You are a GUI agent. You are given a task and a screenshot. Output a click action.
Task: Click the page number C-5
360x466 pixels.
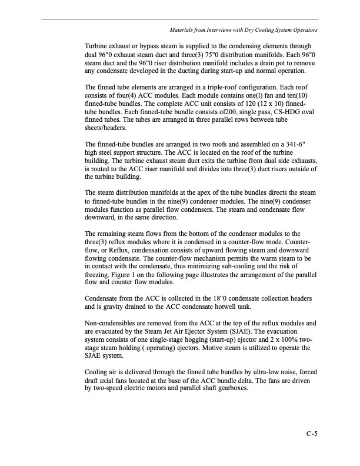tap(312, 435)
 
